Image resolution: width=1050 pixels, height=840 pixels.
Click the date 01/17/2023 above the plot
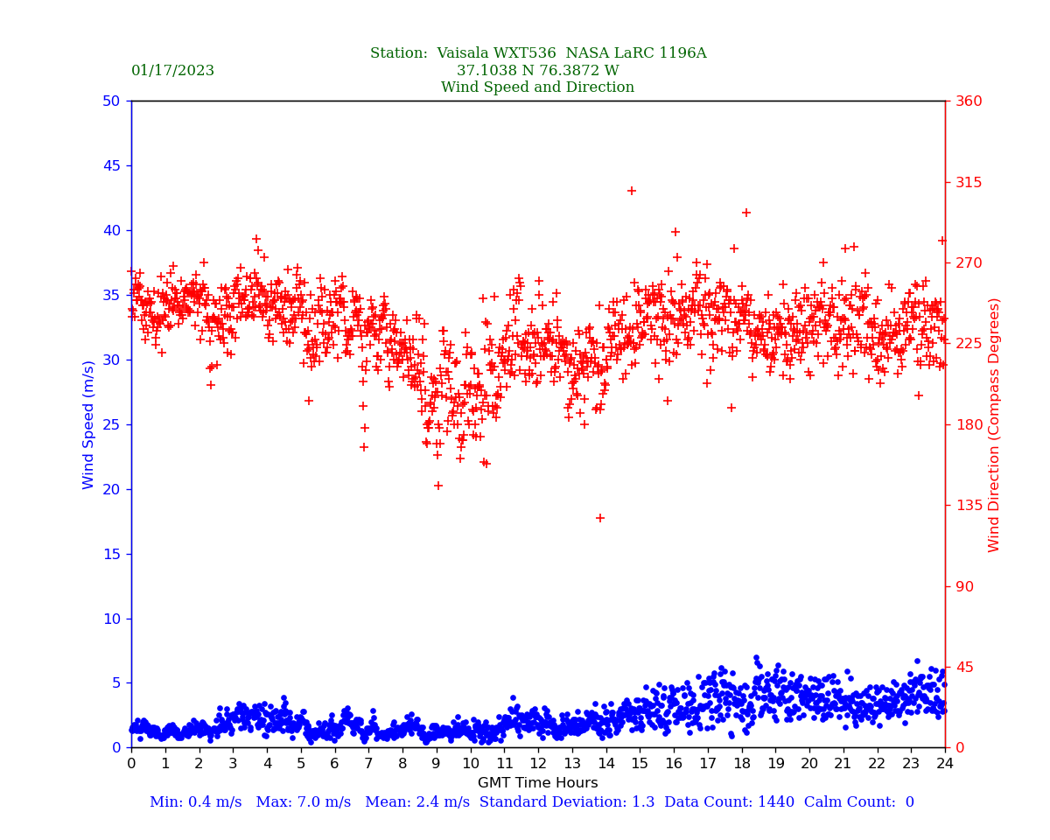[172, 71]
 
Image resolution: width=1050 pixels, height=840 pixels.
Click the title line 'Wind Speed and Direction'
[537, 87]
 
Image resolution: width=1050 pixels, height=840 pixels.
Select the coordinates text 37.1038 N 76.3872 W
[537, 71]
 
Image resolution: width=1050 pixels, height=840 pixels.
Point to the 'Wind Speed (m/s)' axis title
[89, 424]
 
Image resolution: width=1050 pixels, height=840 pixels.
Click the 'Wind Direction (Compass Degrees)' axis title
[994, 424]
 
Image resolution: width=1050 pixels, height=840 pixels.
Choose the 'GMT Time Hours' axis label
[537, 783]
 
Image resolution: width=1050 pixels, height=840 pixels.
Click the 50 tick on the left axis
[111, 101]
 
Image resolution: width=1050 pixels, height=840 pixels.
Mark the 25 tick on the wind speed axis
[111, 424]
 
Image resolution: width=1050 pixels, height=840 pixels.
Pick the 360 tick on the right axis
[969, 101]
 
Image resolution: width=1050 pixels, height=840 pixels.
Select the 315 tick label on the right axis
[969, 182]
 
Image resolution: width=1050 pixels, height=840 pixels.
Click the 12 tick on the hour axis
[537, 764]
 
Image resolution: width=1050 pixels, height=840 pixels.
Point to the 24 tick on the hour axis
[945, 764]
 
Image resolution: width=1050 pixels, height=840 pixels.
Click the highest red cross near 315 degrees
[632, 191]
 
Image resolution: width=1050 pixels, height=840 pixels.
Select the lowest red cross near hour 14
[600, 518]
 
